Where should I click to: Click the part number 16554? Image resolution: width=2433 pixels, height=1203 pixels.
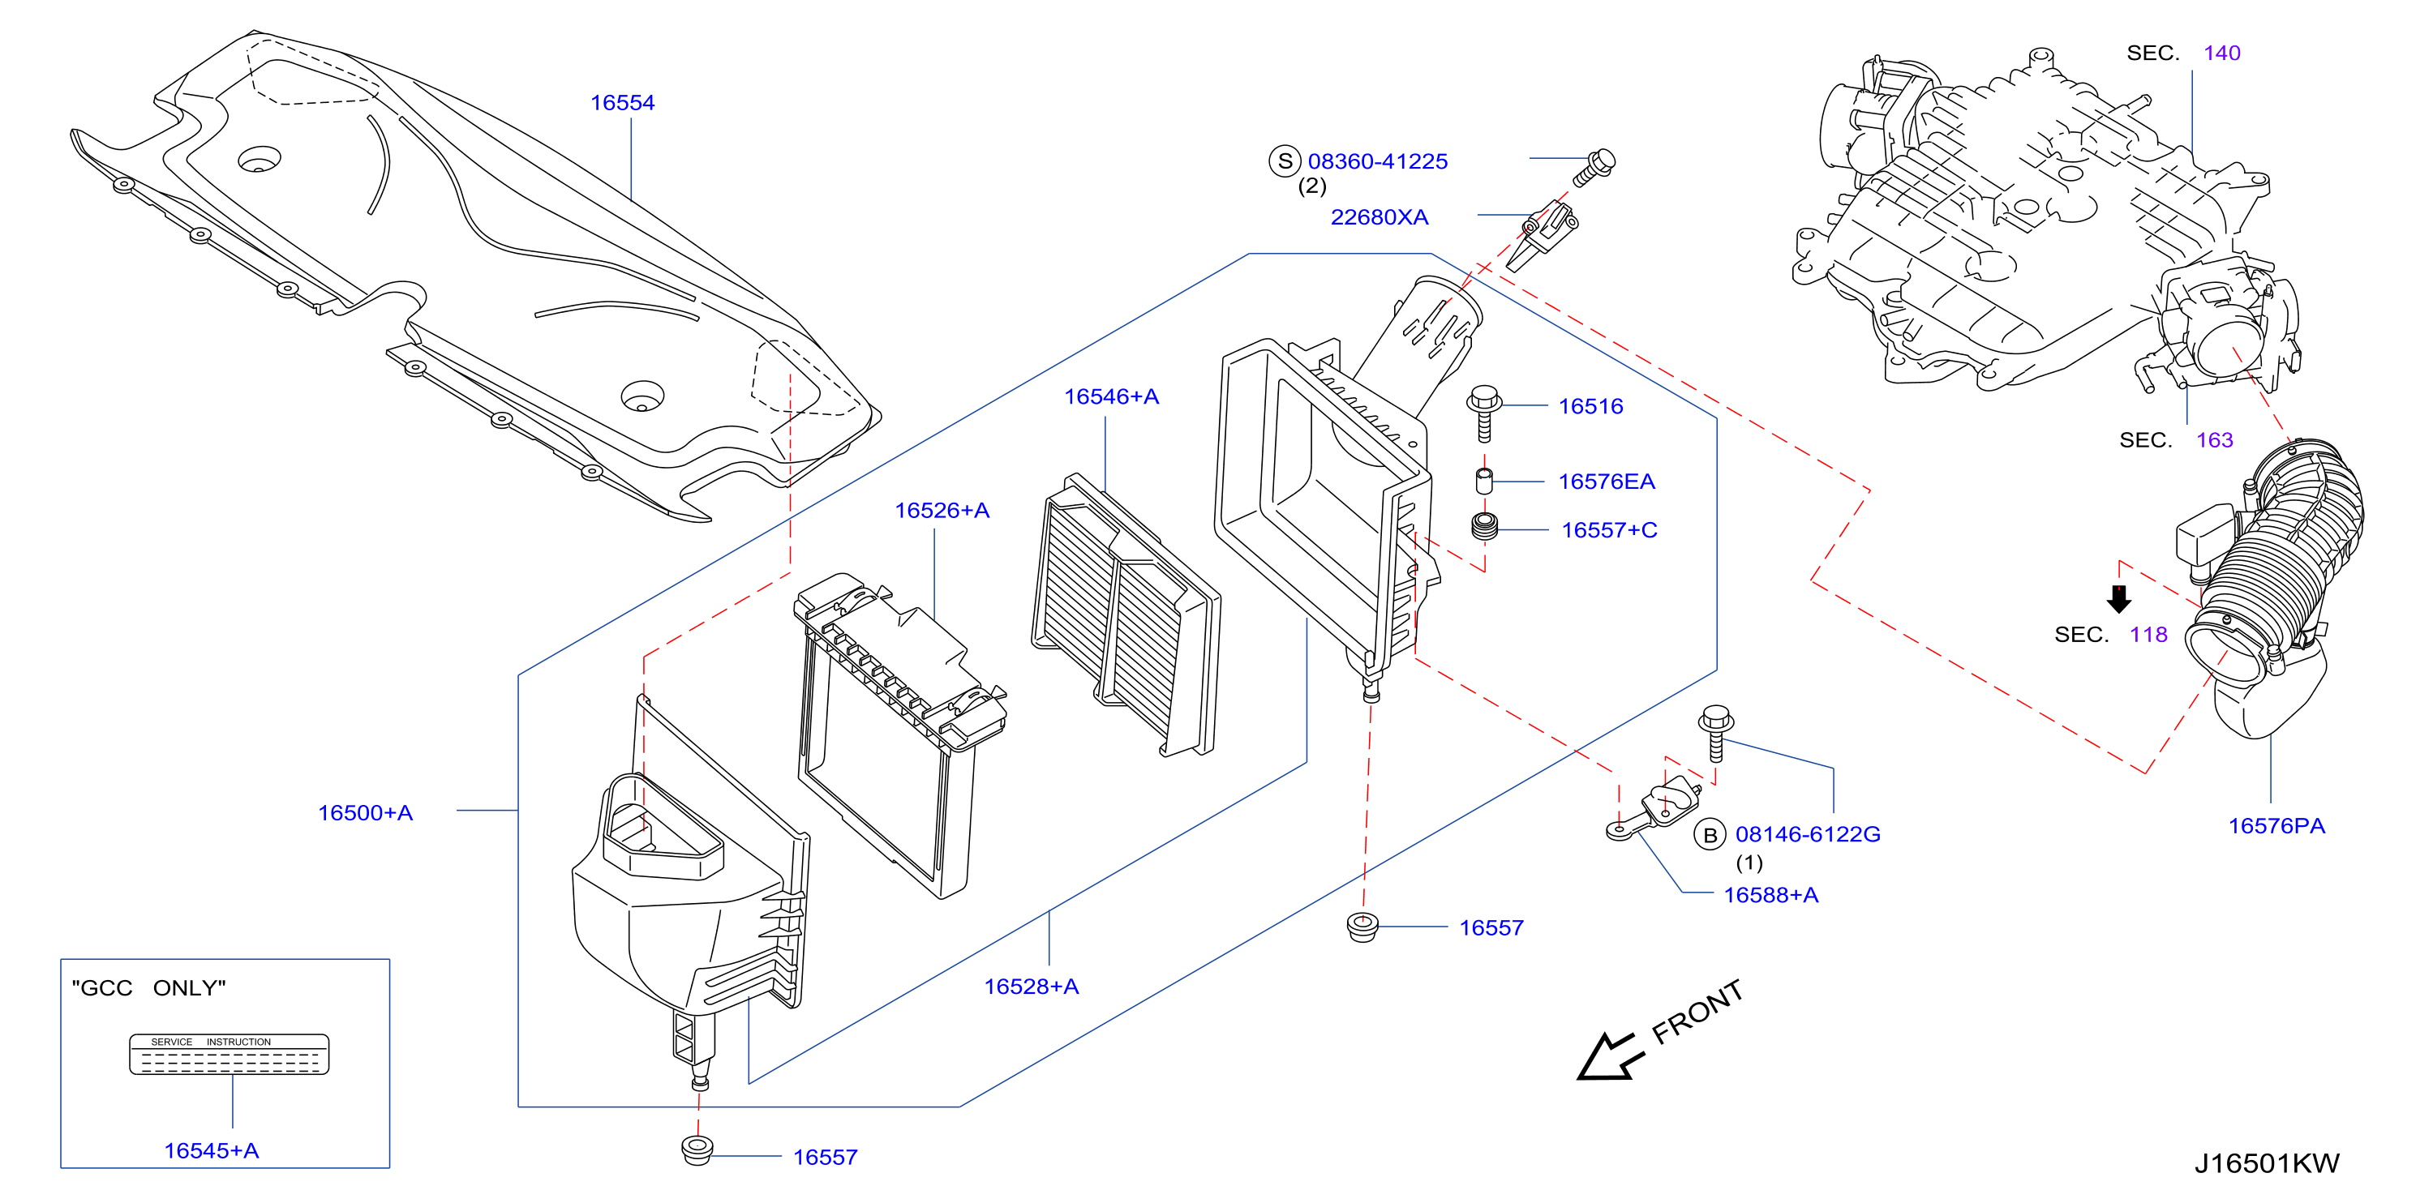(621, 103)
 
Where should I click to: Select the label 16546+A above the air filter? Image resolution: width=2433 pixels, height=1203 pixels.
(1112, 396)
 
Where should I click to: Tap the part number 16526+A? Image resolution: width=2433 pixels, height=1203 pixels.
(942, 511)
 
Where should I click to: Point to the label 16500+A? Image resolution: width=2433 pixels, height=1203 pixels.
(366, 813)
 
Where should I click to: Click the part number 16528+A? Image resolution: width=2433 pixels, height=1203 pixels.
(1032, 987)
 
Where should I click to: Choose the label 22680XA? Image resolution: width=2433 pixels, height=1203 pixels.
(1379, 217)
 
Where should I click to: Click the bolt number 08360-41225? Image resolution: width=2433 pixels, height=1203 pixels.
(1377, 161)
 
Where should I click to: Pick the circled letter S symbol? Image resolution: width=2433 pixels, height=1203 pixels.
(1285, 161)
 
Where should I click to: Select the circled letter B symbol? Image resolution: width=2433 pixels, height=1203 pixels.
(1710, 835)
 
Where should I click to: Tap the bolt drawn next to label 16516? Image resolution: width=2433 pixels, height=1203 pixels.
(1485, 412)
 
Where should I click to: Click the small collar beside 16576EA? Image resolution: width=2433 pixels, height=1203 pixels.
(1484, 481)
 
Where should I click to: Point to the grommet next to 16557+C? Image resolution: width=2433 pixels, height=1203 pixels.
(1485, 527)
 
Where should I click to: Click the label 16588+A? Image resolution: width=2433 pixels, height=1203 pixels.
(1771, 895)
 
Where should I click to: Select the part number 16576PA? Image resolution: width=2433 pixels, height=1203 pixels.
(2276, 826)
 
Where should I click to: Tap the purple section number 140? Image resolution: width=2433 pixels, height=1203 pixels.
(2221, 53)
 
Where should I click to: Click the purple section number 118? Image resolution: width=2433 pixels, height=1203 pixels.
(2148, 635)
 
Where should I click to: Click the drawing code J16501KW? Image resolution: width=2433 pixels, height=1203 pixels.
(2267, 1163)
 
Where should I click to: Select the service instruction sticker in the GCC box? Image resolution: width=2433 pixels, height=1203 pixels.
(229, 1055)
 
